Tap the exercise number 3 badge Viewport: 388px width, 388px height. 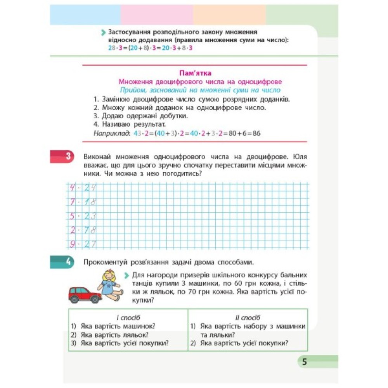pyautogui.click(x=68, y=157)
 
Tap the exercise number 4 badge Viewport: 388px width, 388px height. pyautogui.click(x=68, y=262)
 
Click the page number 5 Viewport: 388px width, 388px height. pyautogui.click(x=305, y=362)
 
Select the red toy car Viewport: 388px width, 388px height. pyautogui.click(x=85, y=295)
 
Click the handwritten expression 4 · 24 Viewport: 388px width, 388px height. pyautogui.click(x=83, y=188)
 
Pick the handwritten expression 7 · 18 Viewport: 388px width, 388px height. pyautogui.click(x=83, y=202)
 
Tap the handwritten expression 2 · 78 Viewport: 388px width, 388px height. pyautogui.click(x=83, y=230)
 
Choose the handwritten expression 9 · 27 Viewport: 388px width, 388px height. pyautogui.click(x=83, y=244)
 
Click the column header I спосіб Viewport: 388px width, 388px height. pyautogui.click(x=128, y=318)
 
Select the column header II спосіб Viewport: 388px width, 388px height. pyautogui.click(x=248, y=318)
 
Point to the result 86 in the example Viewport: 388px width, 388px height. pyautogui.click(x=256, y=133)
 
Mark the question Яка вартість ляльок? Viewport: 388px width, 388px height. pyautogui.click(x=115, y=334)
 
